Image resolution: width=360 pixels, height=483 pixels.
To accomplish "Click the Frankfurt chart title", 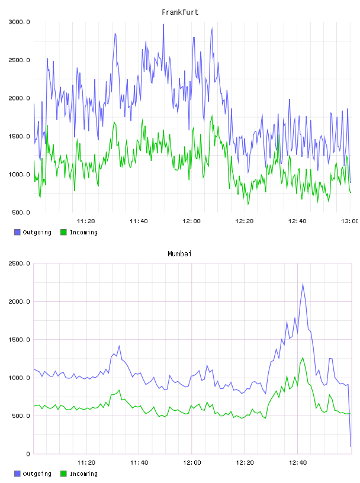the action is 180,12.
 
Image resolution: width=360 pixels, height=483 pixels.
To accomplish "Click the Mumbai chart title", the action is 179,254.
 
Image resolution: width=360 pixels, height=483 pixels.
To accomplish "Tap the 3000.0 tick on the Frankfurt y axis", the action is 19,22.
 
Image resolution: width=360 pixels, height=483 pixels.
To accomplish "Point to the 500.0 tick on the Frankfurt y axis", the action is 21,212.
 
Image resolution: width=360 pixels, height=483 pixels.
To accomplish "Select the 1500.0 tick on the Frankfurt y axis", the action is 19,136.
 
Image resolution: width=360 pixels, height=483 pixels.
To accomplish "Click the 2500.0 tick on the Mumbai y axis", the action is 19,263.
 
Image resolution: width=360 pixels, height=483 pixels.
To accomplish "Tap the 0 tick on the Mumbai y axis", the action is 28,454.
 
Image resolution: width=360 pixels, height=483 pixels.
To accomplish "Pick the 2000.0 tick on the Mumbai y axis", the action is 19,301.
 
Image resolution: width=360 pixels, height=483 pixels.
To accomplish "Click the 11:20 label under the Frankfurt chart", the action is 86,221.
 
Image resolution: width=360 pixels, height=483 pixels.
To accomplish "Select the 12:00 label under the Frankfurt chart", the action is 191,221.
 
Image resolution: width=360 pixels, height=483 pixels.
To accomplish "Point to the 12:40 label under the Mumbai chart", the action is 298,462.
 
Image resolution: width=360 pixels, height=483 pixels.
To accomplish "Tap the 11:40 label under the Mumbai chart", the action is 139,462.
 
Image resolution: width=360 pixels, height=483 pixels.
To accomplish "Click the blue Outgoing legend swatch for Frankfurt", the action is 17,232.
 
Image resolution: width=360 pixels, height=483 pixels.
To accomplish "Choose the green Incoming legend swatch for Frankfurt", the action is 63,232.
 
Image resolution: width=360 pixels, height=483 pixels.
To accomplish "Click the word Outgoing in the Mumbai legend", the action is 37,474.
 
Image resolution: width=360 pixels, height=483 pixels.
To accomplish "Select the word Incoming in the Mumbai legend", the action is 83,474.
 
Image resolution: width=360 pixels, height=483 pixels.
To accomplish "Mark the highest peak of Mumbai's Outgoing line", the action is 303,284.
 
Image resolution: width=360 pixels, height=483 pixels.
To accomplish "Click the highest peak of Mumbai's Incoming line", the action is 303,358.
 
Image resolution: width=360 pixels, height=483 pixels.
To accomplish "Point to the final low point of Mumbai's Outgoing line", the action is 351,446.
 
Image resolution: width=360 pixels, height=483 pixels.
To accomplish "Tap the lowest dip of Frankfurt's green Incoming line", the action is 248,204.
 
